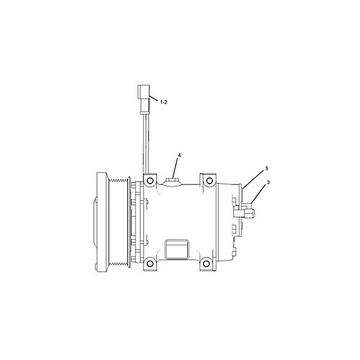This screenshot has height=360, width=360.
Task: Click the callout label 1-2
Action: click(163, 102)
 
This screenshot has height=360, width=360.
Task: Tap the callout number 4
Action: click(179, 156)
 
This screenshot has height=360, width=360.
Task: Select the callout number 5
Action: click(266, 168)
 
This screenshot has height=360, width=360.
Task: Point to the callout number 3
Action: click(268, 182)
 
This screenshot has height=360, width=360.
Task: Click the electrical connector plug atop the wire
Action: click(144, 99)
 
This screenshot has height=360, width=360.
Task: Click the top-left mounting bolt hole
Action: click(150, 181)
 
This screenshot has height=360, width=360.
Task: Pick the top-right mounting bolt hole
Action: click(210, 181)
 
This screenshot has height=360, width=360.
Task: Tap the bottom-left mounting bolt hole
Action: click(150, 264)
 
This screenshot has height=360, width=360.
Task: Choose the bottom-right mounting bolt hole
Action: click(206, 264)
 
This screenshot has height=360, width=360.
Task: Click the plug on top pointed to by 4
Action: click(172, 182)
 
